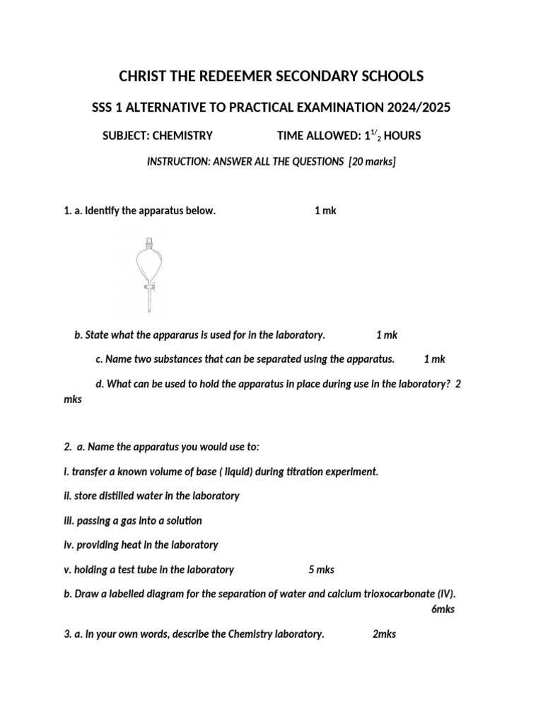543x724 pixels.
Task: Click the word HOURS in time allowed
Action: pos(402,136)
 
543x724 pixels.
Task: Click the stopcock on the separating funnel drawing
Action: pos(149,288)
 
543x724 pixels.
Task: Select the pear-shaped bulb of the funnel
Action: pos(149,263)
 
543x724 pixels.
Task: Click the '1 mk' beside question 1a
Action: pos(325,211)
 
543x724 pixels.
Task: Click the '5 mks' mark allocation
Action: pos(322,570)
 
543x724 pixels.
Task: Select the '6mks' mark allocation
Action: pos(443,609)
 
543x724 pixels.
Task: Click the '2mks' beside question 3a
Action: pos(384,634)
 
